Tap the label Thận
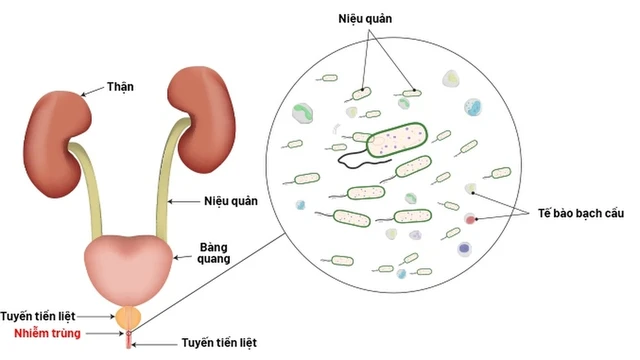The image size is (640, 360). (120, 86)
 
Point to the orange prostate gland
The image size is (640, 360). (128, 318)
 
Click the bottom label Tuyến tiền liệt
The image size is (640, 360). (215, 343)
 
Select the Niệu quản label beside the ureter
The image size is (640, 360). (231, 200)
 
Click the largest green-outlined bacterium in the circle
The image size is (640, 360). (394, 140)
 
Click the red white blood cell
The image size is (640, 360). (471, 217)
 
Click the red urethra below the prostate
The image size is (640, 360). (128, 339)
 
